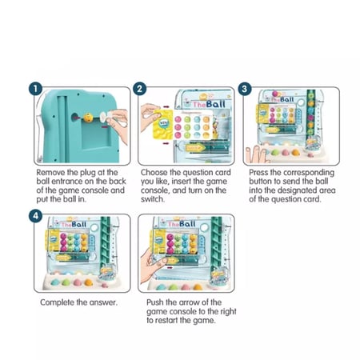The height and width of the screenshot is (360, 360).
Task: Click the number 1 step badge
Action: [35, 89]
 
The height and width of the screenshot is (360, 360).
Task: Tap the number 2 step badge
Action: [139, 89]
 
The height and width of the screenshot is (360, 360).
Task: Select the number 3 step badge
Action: [245, 89]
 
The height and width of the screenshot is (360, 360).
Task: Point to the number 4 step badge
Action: [35, 216]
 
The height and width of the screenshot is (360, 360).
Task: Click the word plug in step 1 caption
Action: [87, 173]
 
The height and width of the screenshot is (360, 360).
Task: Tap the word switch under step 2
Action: [152, 199]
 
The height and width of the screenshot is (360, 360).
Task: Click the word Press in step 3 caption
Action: [258, 172]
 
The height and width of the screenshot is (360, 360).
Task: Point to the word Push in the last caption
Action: [155, 302]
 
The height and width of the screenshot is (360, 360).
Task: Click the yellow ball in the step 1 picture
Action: [88, 118]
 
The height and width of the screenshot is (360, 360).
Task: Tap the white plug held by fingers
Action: [104, 118]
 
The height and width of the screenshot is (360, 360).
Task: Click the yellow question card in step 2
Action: [163, 124]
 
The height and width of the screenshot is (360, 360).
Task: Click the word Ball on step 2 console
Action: [215, 104]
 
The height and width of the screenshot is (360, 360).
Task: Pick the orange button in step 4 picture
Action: [88, 282]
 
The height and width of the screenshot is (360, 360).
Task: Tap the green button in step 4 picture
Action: [66, 282]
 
